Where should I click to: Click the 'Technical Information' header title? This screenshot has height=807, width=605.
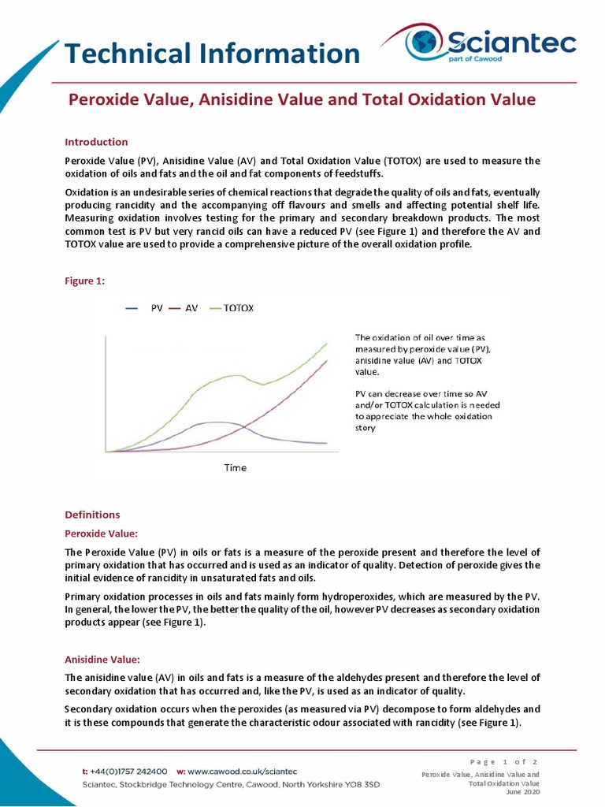click(x=212, y=54)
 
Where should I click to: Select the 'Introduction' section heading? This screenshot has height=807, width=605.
click(x=96, y=142)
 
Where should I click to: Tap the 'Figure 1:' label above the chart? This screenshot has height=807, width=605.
click(x=84, y=281)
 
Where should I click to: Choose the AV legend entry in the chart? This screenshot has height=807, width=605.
click(x=184, y=308)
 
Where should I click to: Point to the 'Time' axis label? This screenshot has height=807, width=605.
click(x=235, y=467)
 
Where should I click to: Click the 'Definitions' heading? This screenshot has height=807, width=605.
click(x=92, y=515)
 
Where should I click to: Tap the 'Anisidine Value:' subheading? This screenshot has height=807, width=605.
click(x=102, y=659)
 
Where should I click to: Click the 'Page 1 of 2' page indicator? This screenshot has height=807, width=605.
click(x=503, y=761)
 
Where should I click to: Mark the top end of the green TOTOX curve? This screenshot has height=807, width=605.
click(x=327, y=343)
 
